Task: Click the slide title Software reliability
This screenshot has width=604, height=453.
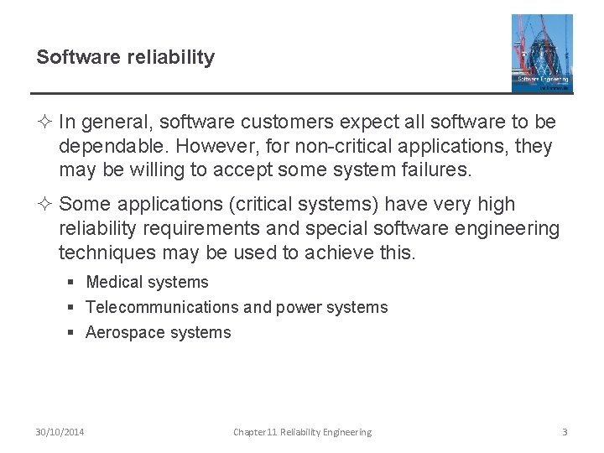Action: (x=126, y=58)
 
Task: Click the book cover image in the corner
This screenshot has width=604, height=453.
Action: (x=542, y=53)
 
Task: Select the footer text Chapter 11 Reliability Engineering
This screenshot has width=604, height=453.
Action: (x=302, y=432)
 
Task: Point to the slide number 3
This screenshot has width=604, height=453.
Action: (x=565, y=432)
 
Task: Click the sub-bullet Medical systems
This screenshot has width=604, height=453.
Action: (x=147, y=283)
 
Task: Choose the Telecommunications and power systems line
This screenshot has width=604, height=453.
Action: (x=237, y=308)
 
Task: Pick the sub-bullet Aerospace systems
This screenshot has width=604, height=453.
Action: (x=158, y=333)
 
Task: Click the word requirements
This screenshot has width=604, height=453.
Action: (x=201, y=228)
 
